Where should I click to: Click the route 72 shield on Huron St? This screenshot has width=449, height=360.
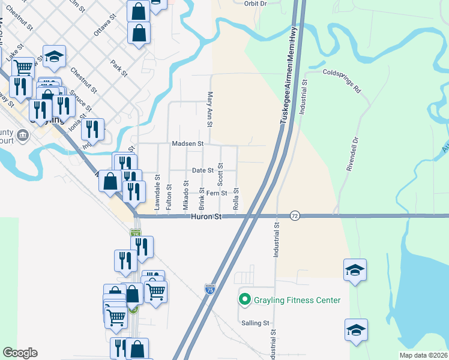(294, 215)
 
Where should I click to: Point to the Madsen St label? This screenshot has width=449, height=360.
(188, 144)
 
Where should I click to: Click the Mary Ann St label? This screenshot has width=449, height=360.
(209, 109)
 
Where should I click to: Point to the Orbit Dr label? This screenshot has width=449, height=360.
(255, 3)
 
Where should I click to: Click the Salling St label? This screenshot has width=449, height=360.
(255, 323)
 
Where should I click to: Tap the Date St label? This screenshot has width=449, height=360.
(202, 170)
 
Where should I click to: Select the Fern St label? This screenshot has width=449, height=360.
(216, 193)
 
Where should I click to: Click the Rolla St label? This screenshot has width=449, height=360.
(236, 199)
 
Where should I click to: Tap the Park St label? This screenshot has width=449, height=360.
(119, 68)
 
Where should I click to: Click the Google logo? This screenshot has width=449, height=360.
(19, 353)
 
